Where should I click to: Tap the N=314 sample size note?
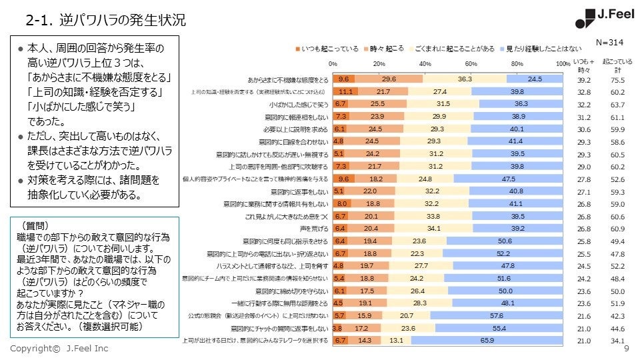[610, 42]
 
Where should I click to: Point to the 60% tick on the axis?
[471, 63]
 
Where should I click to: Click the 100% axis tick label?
[562, 63]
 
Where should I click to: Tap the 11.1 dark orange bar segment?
[345, 91]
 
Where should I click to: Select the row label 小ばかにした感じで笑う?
[299, 105]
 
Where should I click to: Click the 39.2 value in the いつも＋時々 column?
[585, 79]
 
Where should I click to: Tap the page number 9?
[625, 349]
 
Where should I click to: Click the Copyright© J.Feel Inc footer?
[59, 349]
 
